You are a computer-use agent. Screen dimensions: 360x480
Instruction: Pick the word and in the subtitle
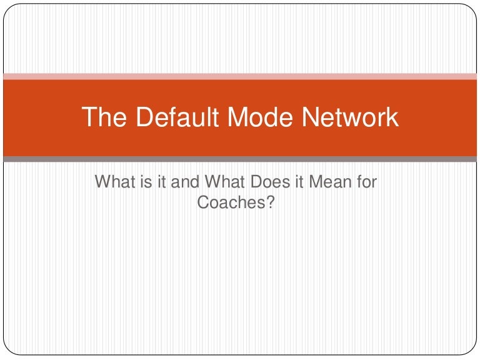182,182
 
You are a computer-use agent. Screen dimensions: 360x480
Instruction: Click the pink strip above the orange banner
240,77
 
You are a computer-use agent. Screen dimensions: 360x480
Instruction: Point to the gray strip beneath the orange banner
240,159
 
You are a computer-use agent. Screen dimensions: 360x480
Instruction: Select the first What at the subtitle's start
113,182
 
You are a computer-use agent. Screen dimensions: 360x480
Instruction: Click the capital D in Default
141,117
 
